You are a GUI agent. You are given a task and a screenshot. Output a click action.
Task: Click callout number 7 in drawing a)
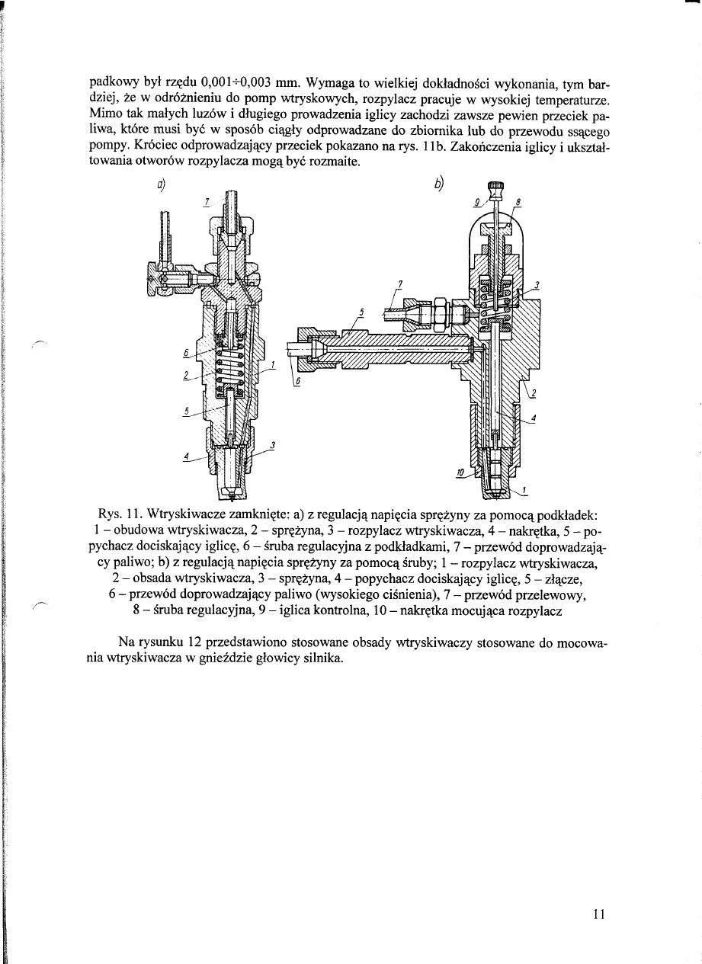[206, 203]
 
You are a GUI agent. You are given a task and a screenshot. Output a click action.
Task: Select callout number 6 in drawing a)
[184, 352]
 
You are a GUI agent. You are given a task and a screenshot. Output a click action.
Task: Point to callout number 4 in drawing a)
[186, 456]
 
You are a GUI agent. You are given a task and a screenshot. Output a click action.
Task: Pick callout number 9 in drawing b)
[476, 203]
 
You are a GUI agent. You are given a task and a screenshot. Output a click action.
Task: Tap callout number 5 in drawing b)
[363, 312]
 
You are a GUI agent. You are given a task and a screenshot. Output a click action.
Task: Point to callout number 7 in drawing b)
[399, 284]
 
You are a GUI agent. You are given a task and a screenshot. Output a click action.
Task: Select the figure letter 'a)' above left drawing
[162, 184]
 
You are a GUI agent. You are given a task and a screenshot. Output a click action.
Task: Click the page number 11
[597, 914]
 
